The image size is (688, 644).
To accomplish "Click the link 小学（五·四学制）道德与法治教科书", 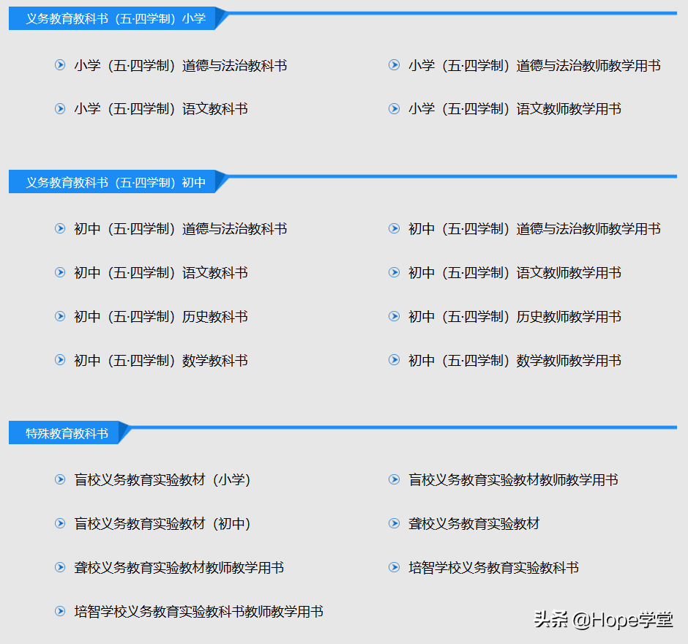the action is click(x=180, y=66).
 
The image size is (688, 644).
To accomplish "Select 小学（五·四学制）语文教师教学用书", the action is click(x=515, y=109).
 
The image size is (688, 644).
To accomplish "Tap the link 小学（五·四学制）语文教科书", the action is click(x=161, y=109).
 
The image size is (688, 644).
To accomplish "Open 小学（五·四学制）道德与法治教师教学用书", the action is click(x=534, y=66).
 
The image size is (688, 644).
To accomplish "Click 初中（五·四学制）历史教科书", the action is click(x=161, y=317).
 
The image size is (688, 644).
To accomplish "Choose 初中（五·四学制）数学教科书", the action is click(x=161, y=361).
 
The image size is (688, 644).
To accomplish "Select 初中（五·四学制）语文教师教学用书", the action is click(x=515, y=273).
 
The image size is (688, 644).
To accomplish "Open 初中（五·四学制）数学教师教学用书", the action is click(x=515, y=361).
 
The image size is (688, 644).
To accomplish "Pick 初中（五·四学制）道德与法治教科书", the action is click(x=180, y=229).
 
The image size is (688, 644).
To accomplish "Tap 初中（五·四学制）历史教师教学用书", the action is click(x=515, y=317).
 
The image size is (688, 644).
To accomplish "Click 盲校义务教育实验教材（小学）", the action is click(x=162, y=480).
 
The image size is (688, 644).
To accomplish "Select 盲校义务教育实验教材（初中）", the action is click(x=162, y=524).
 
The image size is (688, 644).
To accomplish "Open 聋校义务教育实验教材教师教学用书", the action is click(x=179, y=568).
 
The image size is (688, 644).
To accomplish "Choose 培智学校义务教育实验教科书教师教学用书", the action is click(x=198, y=612).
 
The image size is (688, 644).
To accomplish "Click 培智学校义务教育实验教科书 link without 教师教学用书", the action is click(x=493, y=568).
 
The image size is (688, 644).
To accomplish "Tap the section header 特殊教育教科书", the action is click(x=67, y=434).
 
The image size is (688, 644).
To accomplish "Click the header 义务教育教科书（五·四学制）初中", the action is click(x=116, y=183).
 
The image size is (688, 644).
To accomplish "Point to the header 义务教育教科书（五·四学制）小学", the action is click(x=116, y=19).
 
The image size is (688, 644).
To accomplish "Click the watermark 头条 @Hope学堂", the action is click(x=603, y=621).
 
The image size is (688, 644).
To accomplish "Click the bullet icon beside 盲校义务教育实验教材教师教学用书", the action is click(x=394, y=480).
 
